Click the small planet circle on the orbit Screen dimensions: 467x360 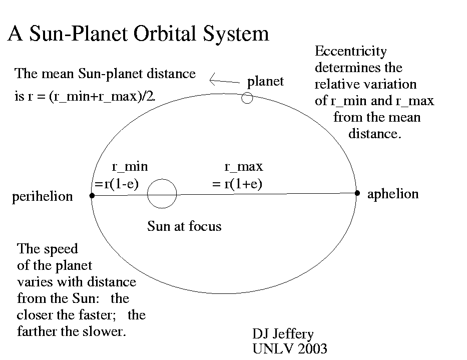pos(247,93)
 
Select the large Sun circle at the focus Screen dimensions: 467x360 pos(148,194)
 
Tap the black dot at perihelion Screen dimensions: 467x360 pos(92,195)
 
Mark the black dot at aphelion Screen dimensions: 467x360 pos(357,193)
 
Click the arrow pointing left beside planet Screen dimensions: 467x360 pos(224,81)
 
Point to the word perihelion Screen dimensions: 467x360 pos(42,197)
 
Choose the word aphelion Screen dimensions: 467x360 pos(393,194)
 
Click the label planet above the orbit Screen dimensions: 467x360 pos(265,81)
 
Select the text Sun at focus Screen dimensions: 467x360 pos(184,226)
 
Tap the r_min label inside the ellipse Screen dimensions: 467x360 pos(130,166)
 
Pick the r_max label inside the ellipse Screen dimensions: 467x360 pos(244,166)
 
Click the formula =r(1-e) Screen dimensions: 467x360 pos(117,184)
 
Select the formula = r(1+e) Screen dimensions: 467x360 pos(237,184)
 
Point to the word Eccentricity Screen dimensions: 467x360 pos(350,51)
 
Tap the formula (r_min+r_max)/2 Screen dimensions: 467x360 pos(102,97)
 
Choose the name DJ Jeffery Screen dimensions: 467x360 pos(283,334)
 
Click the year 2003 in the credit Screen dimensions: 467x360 pos(312,348)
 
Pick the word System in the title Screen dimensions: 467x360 pos(236,34)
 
